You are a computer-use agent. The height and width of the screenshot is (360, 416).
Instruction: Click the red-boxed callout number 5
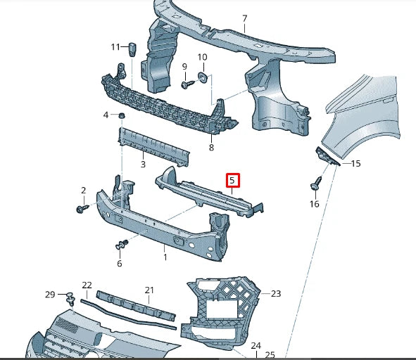click(232, 181)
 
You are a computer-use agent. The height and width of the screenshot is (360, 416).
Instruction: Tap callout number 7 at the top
click(244, 18)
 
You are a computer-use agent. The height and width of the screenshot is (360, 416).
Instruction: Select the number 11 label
click(115, 47)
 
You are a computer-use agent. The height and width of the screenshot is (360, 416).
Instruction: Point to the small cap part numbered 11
click(132, 49)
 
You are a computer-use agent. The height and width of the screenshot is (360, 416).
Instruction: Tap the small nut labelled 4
click(122, 115)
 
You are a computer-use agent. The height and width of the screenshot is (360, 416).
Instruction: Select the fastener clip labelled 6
click(120, 245)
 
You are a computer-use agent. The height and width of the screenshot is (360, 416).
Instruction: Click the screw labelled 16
click(314, 186)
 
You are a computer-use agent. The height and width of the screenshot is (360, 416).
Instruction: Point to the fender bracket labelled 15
click(326, 157)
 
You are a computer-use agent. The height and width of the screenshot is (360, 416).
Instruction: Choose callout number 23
click(275, 294)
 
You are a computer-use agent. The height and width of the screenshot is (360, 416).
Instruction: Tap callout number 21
click(149, 290)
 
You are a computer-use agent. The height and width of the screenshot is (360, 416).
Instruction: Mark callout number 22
click(87, 285)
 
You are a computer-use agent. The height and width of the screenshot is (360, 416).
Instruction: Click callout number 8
click(211, 148)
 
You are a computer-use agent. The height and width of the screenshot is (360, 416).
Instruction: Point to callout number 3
click(142, 165)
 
